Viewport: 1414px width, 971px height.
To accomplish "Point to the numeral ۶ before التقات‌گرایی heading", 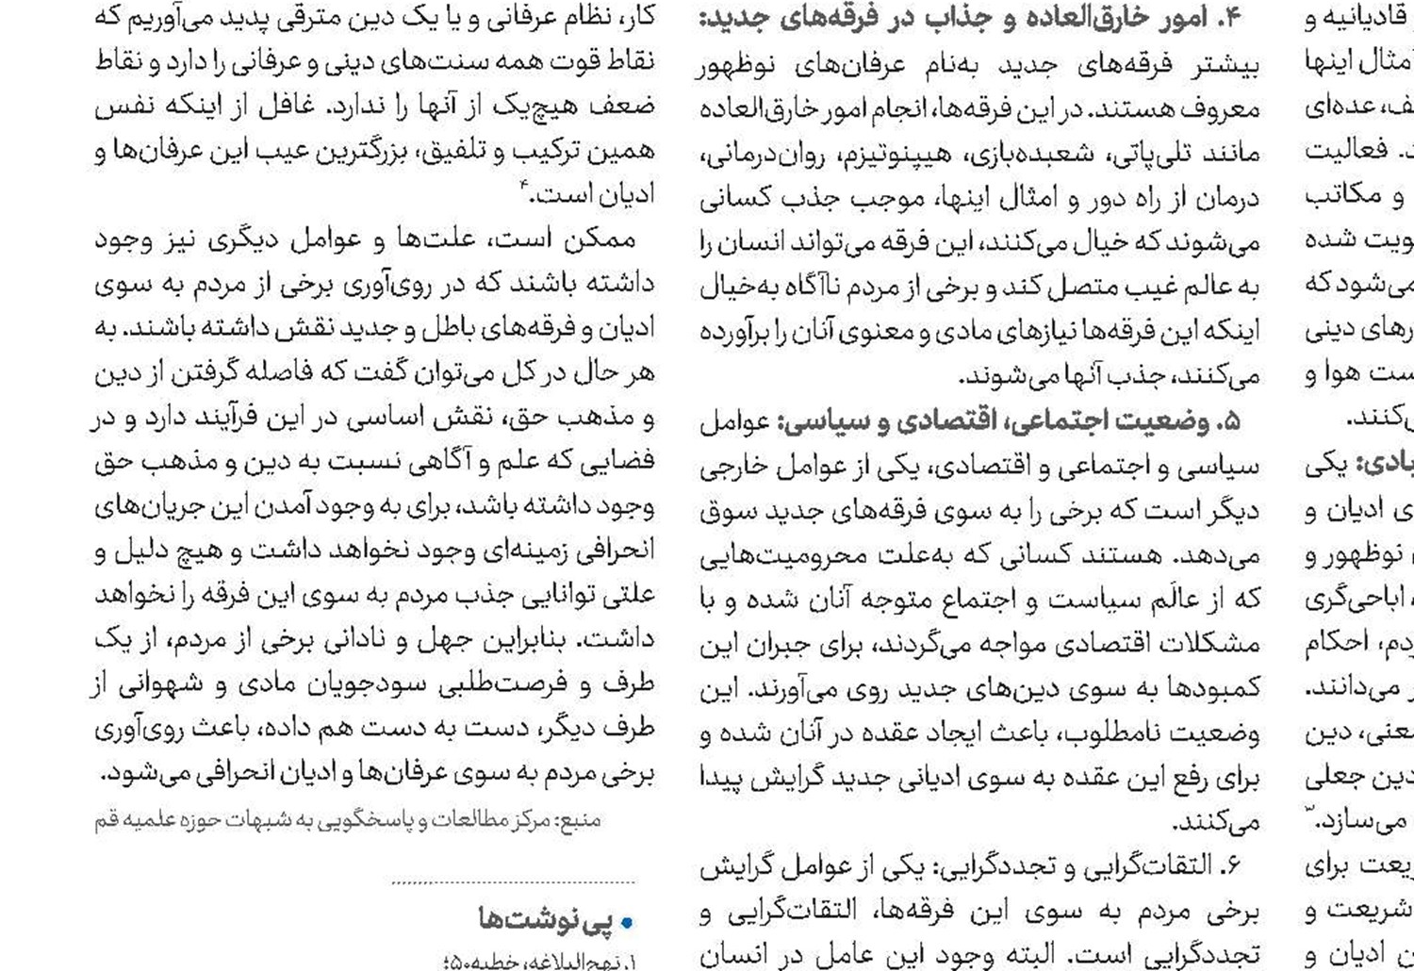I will click(1231, 866).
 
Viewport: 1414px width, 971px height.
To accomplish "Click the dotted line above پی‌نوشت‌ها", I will click(514, 883).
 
